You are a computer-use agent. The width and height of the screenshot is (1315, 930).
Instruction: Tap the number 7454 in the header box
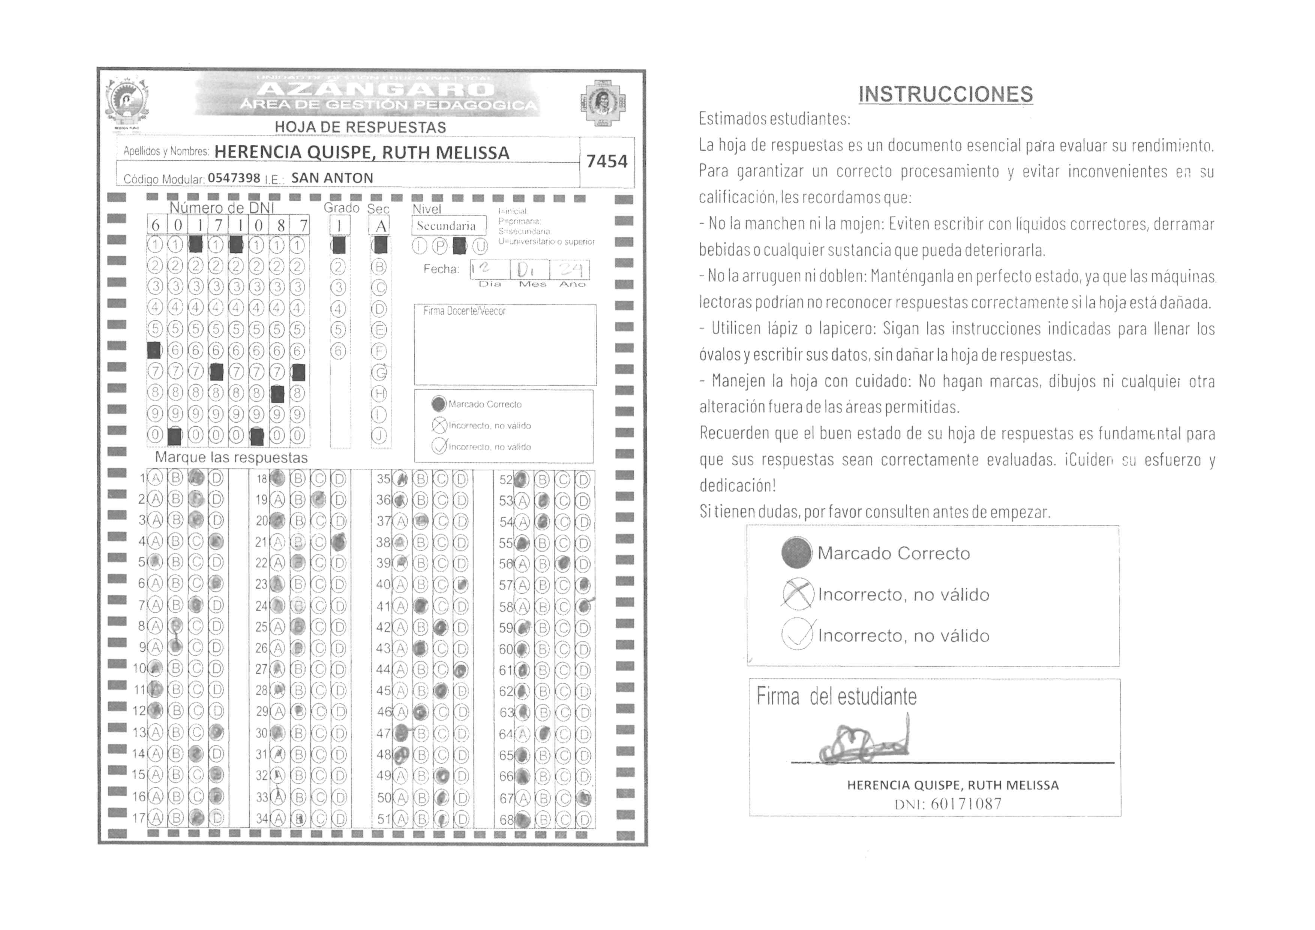[607, 162]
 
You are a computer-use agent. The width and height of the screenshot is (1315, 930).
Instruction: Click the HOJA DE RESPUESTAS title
[360, 127]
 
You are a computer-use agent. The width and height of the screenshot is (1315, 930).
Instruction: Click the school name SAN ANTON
[332, 178]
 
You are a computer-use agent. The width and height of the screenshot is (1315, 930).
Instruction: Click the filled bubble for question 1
[196, 478]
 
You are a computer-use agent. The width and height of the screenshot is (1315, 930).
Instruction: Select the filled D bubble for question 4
[216, 541]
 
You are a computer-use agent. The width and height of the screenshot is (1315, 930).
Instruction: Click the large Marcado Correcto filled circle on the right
[796, 553]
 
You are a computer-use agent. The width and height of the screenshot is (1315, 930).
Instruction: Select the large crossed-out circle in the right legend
[797, 594]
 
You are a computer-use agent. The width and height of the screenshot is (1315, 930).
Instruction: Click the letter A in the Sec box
[380, 226]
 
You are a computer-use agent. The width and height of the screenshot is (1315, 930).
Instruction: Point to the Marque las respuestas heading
[231, 457]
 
